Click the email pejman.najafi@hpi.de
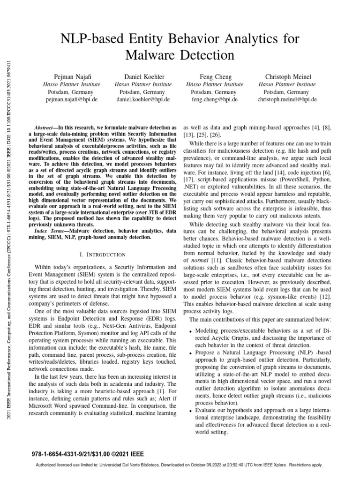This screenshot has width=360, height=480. (72, 99)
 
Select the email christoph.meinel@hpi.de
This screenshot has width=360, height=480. (287, 99)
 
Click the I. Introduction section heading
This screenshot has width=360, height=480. (103, 255)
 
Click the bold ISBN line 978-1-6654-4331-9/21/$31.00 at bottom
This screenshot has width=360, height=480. (88, 454)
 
